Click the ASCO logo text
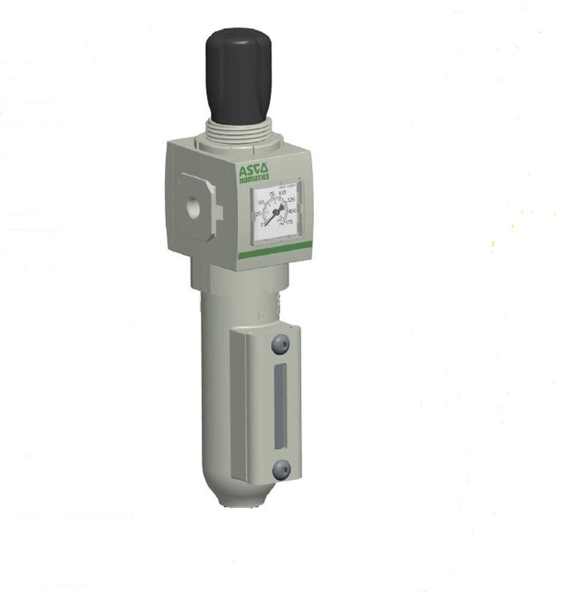[x=254, y=170]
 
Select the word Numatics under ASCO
[x=254, y=178]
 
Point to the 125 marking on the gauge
[x=291, y=200]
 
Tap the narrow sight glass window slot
[x=277, y=408]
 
